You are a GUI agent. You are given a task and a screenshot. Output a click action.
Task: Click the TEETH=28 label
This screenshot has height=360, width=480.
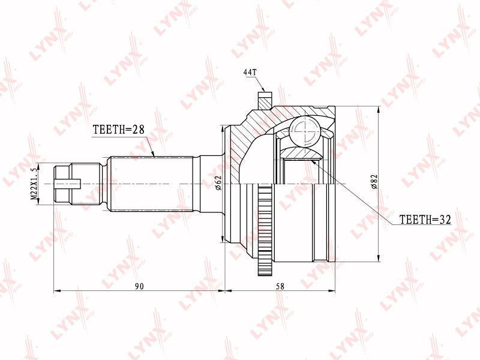click(118, 130)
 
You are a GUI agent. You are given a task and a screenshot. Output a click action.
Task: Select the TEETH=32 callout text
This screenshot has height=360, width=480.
click(425, 219)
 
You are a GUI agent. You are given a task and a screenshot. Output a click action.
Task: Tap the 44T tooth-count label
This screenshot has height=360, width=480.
click(250, 72)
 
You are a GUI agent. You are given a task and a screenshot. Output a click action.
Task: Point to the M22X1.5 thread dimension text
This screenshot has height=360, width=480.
click(36, 184)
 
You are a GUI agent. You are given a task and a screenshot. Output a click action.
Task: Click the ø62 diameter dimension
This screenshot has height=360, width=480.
click(218, 183)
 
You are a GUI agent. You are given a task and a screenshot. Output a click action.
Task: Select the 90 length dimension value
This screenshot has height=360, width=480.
click(139, 286)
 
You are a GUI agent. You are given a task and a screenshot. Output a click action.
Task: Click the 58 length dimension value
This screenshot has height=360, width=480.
click(280, 286)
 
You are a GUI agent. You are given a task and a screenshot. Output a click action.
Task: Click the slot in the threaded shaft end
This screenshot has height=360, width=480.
click(68, 184)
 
